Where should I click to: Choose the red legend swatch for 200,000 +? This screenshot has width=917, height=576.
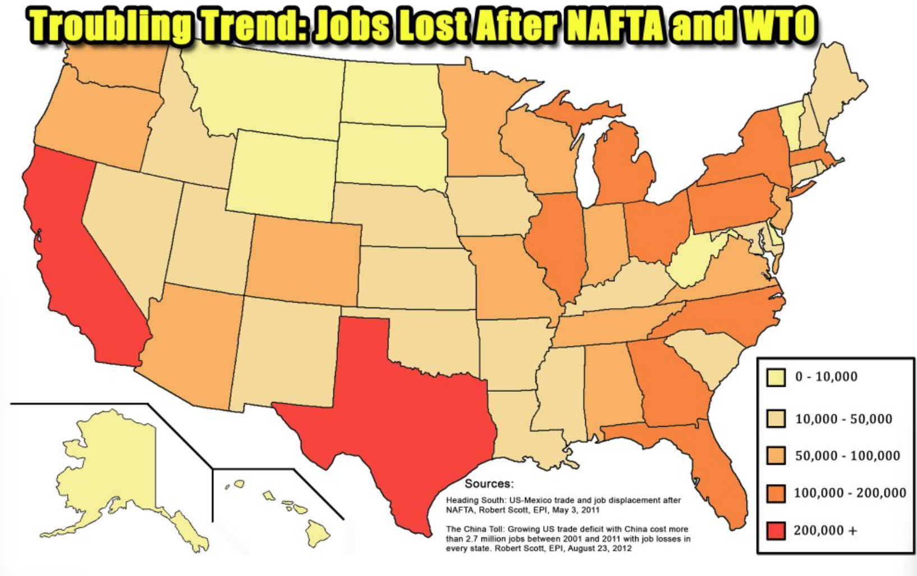[x=776, y=530]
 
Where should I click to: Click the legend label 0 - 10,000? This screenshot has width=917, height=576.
[x=826, y=377]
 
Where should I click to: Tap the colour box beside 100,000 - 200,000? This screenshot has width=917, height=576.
[x=776, y=493]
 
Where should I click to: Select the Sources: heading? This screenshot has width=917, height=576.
[x=489, y=484]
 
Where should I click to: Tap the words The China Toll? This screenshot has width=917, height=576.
[x=475, y=529]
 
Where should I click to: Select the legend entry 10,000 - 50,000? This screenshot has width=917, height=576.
[x=843, y=419]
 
